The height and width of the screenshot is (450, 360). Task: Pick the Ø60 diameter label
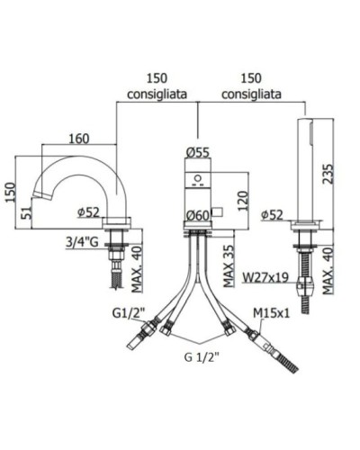(x=197, y=214)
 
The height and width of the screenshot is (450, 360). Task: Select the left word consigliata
(x=156, y=94)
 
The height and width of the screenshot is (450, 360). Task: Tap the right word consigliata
(x=251, y=94)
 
